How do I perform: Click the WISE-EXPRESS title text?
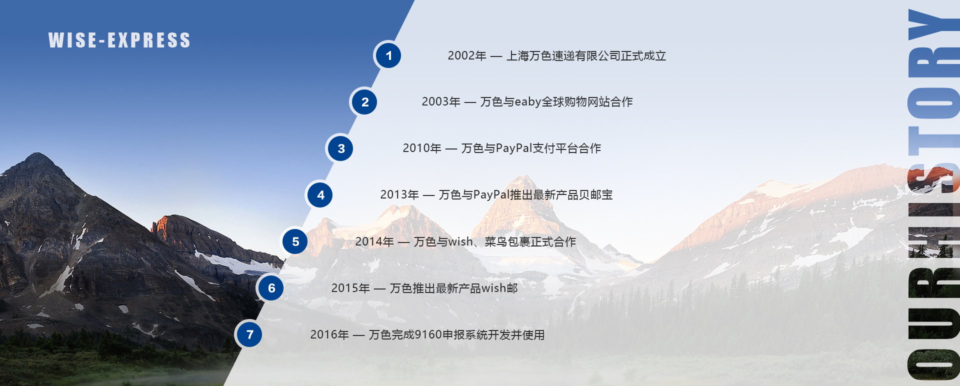[119, 40]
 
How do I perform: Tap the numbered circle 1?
[388, 55]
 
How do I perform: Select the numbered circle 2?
[364, 102]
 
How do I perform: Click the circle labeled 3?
[341, 148]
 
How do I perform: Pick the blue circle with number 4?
[320, 195]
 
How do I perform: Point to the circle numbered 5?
[295, 241]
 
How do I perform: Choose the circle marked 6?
[271, 288]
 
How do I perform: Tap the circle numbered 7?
[249, 334]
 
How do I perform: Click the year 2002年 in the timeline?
[467, 56]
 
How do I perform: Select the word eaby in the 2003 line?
[527, 102]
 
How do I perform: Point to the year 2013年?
[399, 195]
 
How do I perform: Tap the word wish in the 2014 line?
[460, 241]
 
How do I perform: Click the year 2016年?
[329, 334]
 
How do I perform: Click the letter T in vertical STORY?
[933, 140]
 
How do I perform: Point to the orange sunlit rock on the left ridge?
[161, 226]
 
